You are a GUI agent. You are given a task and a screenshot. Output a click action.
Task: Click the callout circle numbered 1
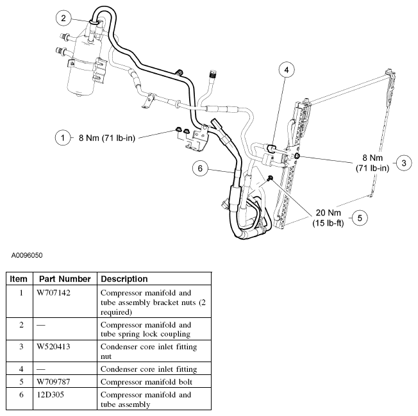[63, 137]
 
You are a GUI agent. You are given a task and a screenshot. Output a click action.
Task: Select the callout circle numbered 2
[63, 18]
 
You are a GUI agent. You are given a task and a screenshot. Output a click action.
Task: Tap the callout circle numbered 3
[403, 162]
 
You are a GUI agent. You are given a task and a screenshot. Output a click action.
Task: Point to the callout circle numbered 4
[287, 69]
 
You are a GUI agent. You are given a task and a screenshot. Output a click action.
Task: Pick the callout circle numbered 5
[360, 218]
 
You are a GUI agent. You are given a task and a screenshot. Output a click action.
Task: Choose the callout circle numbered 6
[201, 168]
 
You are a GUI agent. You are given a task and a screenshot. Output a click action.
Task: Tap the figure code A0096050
[27, 254]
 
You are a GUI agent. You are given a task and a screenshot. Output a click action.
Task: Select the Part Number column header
[65, 279]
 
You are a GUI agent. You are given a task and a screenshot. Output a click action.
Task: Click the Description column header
[124, 279]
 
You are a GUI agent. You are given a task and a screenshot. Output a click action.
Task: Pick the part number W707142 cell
[54, 292]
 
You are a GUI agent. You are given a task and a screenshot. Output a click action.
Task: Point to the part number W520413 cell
[54, 347]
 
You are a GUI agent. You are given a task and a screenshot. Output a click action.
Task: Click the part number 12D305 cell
[51, 395]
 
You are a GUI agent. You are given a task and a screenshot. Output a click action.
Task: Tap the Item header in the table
[19, 279]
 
